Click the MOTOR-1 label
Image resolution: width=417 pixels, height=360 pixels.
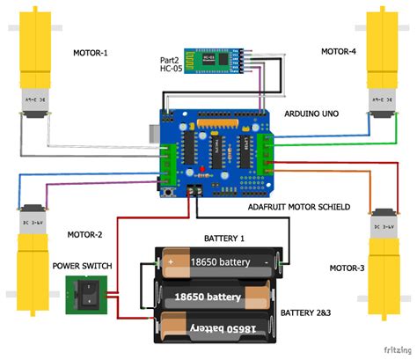tap(92, 52)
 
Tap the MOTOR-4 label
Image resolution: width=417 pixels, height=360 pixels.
tap(339, 52)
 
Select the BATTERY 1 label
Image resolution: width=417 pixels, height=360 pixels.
tap(224, 239)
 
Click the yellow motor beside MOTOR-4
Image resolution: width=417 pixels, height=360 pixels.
tap(385, 62)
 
